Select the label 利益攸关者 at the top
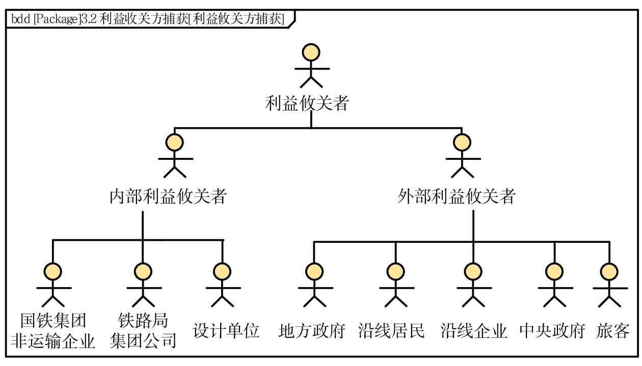point(307,104)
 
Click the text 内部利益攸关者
point(168,196)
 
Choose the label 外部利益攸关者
point(457,196)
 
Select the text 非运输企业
point(53,340)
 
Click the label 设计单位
point(226,331)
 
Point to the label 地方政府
point(312,331)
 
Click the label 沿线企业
point(474,331)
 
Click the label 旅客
point(613,331)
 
